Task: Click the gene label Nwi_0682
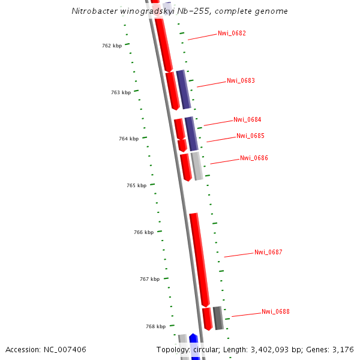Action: point(232,34)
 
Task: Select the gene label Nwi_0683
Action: point(241,81)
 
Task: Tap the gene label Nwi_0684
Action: point(247,120)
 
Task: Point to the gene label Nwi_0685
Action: point(250,136)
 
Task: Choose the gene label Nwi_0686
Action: point(254,158)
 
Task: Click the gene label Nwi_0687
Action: point(268,253)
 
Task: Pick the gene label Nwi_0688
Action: point(275,312)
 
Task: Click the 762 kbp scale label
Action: point(112,46)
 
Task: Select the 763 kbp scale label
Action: point(121,93)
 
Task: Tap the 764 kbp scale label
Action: point(128,139)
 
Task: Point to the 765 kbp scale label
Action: point(136,186)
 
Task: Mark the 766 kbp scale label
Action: point(143,232)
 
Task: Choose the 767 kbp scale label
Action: point(149,279)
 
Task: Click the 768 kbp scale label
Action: point(155,327)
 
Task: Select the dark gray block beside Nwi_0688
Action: point(218,318)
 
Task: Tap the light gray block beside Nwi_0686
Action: point(197,166)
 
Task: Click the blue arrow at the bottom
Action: point(194,347)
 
